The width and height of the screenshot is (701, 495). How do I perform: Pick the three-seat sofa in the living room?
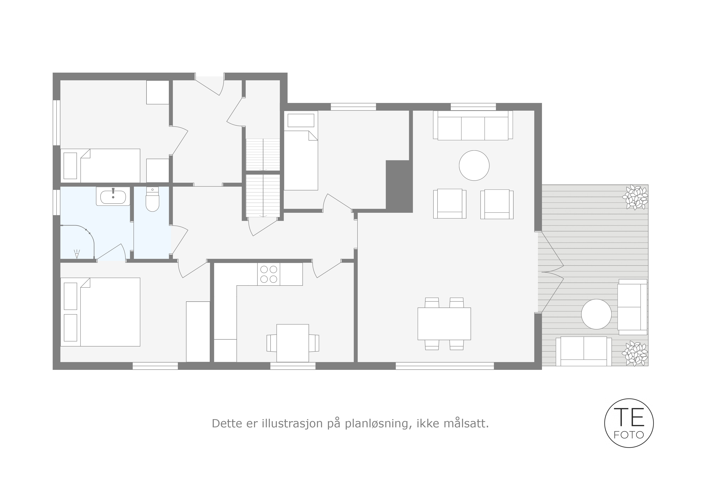(473, 125)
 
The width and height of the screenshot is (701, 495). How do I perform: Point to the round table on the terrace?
(596, 314)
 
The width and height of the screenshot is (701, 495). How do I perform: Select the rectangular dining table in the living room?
(444, 324)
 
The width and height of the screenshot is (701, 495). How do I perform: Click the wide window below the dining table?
(445, 366)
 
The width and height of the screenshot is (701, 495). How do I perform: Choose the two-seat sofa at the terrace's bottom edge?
(584, 351)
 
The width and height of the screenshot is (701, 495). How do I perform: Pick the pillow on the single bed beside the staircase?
(301, 121)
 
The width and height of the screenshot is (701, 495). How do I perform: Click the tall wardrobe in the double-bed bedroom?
(198, 332)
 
